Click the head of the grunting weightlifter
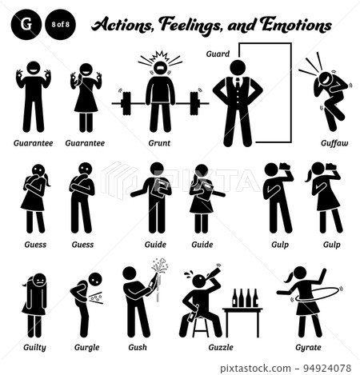pos(160,68)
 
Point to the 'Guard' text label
pos(218,55)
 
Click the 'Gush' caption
pos(138,348)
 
